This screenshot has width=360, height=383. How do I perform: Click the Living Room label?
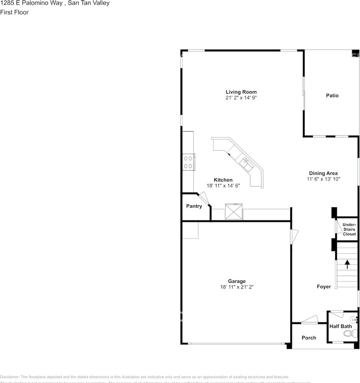241,92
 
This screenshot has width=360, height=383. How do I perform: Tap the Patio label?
332,96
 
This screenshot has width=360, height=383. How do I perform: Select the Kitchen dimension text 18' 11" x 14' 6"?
223,186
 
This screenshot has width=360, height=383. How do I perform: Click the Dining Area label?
323,173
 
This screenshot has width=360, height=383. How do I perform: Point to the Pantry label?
194,206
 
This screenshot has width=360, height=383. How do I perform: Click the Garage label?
237,281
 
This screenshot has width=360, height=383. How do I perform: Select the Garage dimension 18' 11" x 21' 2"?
237,287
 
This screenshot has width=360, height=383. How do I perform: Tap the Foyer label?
324,287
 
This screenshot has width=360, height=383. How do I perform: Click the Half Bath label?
340,326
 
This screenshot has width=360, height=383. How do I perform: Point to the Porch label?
309,338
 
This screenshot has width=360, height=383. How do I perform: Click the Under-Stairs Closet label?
349,229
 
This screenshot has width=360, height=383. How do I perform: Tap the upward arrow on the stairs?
347,264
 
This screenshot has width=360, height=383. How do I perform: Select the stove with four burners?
188,162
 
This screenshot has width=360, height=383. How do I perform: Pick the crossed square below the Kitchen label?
233,211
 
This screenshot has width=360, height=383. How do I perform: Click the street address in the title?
55,3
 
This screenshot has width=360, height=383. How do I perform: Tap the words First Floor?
14,12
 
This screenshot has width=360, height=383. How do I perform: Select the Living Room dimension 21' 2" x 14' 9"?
241,98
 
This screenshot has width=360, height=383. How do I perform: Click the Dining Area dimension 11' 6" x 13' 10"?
323,179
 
